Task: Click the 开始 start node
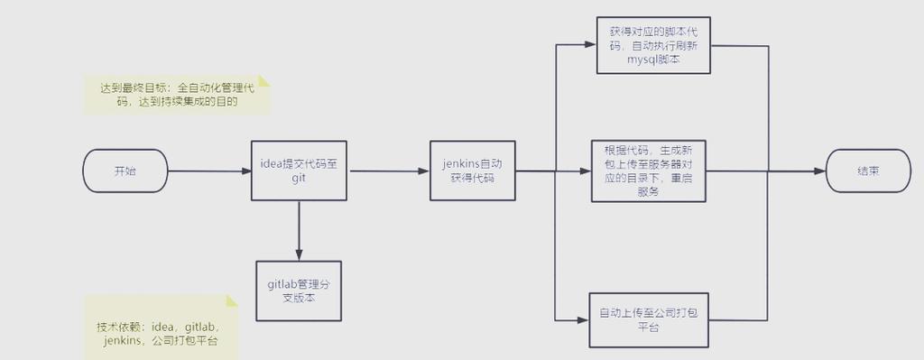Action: click(125, 171)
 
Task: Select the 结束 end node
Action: click(867, 171)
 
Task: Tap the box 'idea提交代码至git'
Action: click(298, 171)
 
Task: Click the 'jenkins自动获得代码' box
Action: click(473, 171)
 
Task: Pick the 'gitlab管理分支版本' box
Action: click(298, 290)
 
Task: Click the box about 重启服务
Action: click(648, 171)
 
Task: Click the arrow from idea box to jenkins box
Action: click(388, 171)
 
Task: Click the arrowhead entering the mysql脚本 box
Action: click(591, 44)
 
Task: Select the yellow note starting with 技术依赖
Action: click(159, 333)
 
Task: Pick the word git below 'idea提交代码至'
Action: click(299, 179)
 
